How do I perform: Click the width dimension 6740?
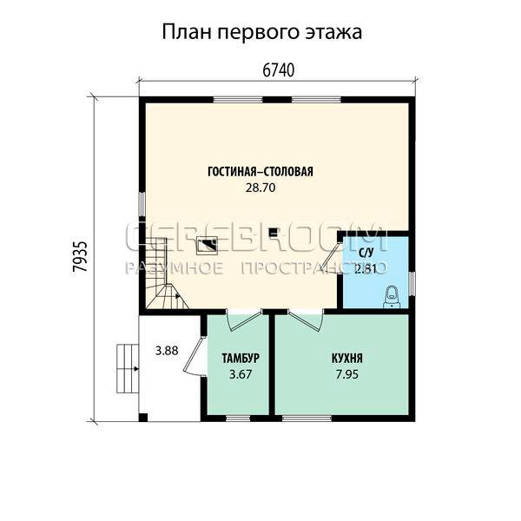point(278,70)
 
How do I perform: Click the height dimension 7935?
point(80,256)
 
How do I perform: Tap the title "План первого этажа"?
point(262,32)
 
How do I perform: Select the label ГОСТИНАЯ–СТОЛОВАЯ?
point(260,172)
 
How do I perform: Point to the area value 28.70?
point(260,188)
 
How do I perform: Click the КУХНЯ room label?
point(346,359)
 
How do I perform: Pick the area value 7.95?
point(346,374)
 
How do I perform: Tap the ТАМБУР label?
point(241,359)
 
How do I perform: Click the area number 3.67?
point(241,374)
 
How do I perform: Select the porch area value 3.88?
point(167,351)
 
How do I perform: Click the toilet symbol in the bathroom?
point(392,296)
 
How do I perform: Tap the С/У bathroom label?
point(366,254)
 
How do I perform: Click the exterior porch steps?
point(128,368)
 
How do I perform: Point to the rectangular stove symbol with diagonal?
point(207,246)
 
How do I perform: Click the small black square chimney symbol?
point(274,232)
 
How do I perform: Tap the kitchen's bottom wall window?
point(307,419)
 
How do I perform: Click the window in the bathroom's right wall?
point(412,283)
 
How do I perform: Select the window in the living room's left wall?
point(142,204)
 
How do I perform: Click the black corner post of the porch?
point(143,418)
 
